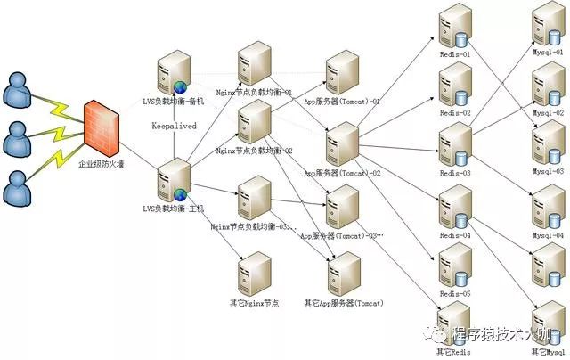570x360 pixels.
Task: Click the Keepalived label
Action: click(x=174, y=127)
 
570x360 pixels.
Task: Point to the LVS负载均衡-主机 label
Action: click(x=175, y=208)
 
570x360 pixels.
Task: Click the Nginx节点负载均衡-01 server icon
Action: click(x=254, y=63)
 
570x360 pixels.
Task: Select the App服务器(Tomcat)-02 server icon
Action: click(x=343, y=143)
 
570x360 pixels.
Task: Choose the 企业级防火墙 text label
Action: click(x=101, y=164)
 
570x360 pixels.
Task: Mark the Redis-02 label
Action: click(x=455, y=113)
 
